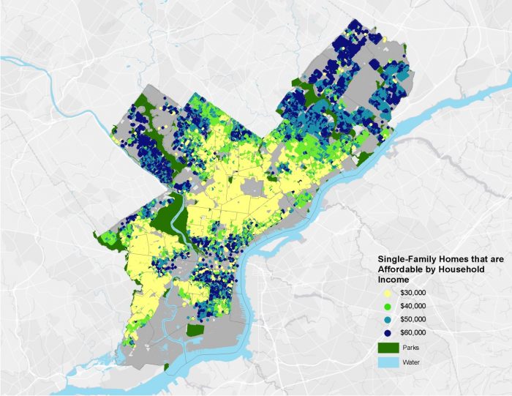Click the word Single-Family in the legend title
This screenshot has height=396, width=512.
(405, 259)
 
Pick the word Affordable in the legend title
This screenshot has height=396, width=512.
(399, 269)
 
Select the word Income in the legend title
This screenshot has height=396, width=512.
(392, 279)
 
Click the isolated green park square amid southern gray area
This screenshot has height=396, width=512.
(195, 329)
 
